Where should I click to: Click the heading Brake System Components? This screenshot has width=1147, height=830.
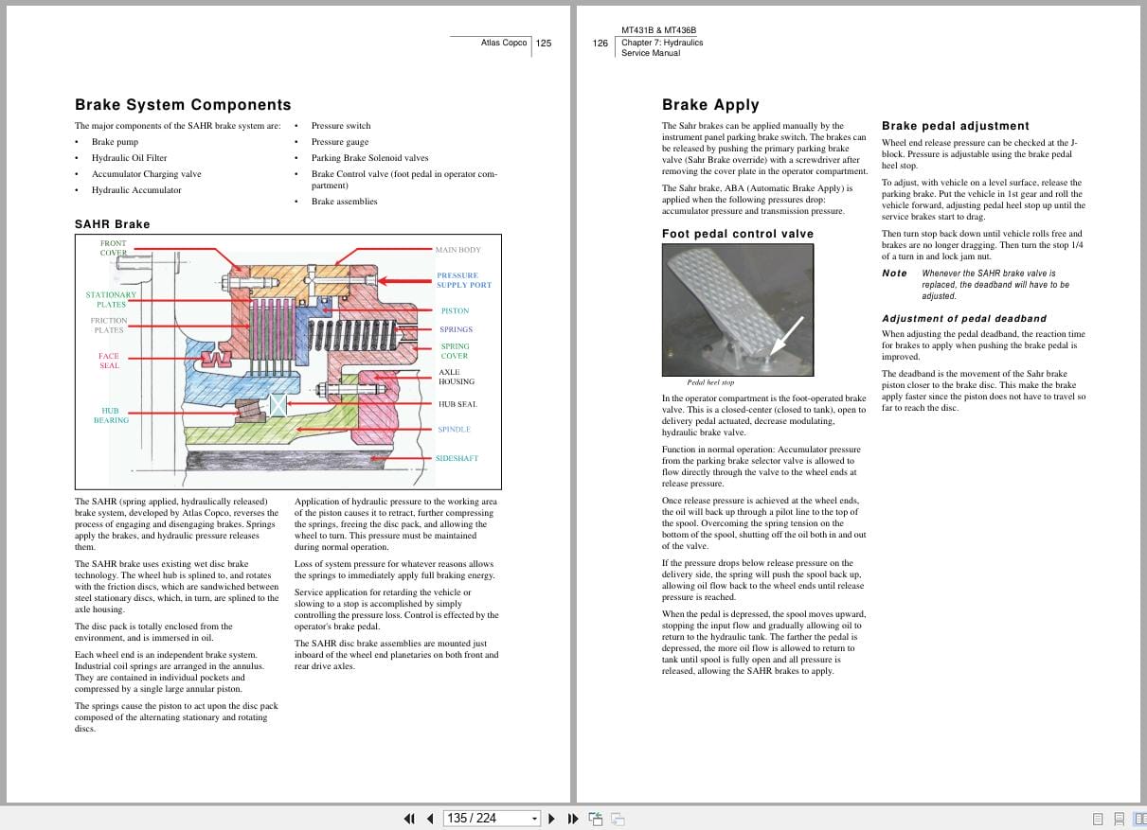click(183, 105)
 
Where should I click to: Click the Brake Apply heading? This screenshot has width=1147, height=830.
click(710, 105)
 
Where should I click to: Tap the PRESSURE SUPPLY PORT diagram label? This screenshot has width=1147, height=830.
click(463, 280)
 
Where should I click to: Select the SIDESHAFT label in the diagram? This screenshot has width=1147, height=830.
click(457, 459)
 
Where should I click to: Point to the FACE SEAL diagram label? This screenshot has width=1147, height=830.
click(109, 361)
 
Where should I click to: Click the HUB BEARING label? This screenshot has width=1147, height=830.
click(111, 415)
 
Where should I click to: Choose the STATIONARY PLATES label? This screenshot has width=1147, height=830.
click(111, 299)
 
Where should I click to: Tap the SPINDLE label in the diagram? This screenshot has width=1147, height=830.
click(454, 430)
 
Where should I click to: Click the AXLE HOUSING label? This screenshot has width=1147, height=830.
click(456, 377)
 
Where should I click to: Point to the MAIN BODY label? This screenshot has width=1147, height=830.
click(457, 250)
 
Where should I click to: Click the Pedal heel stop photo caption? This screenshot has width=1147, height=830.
click(710, 383)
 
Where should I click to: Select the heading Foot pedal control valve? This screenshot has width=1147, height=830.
click(737, 234)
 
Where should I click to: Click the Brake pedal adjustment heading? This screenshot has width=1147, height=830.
click(955, 126)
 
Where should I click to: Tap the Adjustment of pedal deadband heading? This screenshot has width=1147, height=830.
click(963, 319)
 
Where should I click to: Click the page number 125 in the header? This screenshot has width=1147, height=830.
click(544, 43)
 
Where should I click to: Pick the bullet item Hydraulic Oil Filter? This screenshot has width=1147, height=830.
click(129, 158)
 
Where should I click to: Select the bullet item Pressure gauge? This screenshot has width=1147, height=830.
click(340, 142)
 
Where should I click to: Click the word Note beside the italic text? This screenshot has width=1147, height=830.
click(894, 274)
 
